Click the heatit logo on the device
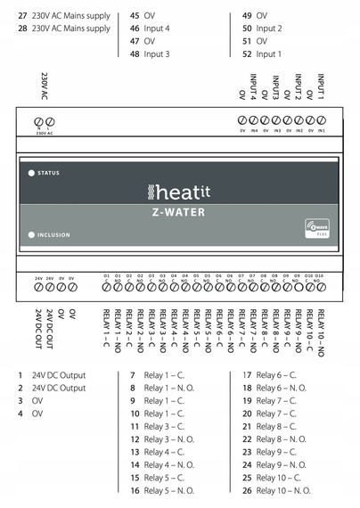click(175, 192)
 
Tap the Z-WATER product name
click(175, 212)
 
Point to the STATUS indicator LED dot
click(31, 173)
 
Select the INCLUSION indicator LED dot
click(31, 235)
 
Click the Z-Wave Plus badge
click(318, 228)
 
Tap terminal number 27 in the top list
click(22, 15)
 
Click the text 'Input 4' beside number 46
click(157, 29)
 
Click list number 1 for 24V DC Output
click(20, 375)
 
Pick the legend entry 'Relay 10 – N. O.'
click(283, 490)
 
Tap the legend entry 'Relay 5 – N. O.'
click(168, 490)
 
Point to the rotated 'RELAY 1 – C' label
click(107, 327)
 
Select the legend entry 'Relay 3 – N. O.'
click(168, 439)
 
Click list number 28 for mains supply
click(22, 29)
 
